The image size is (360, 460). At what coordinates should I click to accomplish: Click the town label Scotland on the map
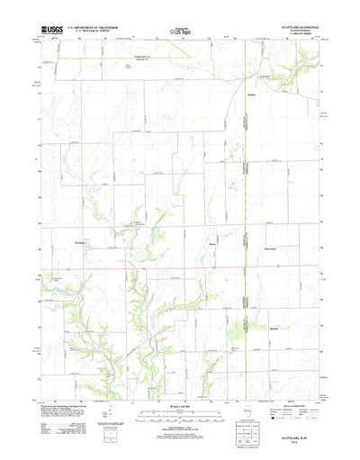80,243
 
